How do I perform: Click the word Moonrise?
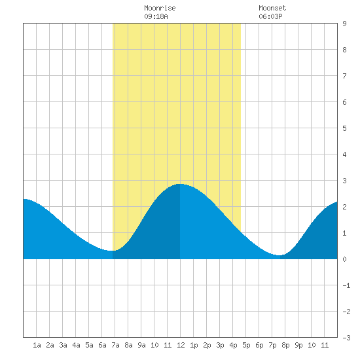click(x=160, y=8)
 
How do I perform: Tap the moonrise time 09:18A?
click(x=156, y=16)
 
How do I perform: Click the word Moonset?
click(x=272, y=8)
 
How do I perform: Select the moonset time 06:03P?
click(x=270, y=16)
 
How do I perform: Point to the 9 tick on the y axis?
click(x=344, y=24)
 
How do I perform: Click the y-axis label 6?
click(x=344, y=102)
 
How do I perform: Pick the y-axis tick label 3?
click(x=344, y=181)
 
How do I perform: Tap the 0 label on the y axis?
click(x=344, y=259)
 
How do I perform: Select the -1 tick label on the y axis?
click(x=346, y=285)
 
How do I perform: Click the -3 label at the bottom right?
click(x=346, y=338)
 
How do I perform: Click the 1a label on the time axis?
click(x=37, y=345)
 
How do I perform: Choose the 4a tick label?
click(x=76, y=345)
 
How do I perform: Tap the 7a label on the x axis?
click(x=115, y=345)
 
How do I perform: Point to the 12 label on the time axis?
click(x=181, y=345)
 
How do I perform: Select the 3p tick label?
click(x=220, y=345)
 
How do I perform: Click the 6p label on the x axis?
click(x=259, y=345)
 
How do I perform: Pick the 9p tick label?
click(x=298, y=345)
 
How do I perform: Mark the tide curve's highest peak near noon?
click(x=180, y=184)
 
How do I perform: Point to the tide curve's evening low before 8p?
click(x=279, y=255)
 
